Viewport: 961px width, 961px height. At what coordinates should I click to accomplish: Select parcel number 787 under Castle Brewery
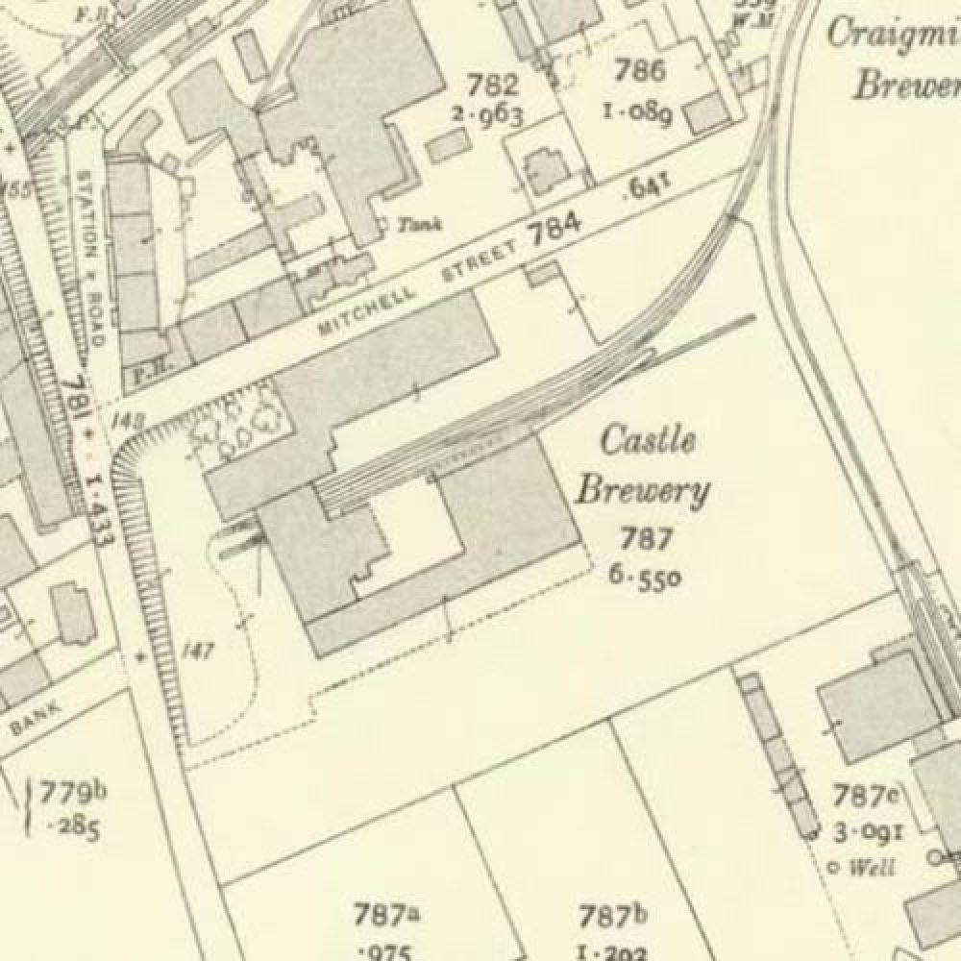[x=646, y=539]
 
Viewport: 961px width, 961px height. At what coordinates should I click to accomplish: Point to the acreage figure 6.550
[x=645, y=576]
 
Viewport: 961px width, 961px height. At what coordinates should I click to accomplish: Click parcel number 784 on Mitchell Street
[x=555, y=231]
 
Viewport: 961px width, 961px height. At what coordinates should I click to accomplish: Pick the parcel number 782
[x=489, y=86]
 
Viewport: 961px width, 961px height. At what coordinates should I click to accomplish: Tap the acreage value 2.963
[x=489, y=115]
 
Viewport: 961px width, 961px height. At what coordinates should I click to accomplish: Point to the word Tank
[x=421, y=225]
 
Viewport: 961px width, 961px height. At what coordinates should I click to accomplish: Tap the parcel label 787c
[x=866, y=796]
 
